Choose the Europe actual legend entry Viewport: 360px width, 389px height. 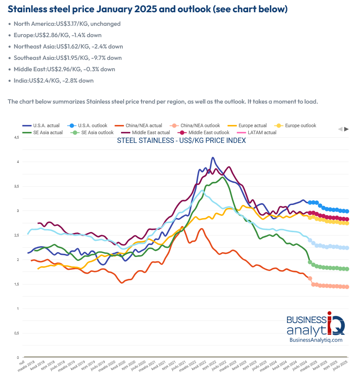(x=252, y=125)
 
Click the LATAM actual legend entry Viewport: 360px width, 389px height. (x=261, y=132)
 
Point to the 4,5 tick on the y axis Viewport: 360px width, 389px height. (x=17, y=137)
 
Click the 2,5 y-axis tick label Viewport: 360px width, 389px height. (x=17, y=235)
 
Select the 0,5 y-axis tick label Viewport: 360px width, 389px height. (x=17, y=333)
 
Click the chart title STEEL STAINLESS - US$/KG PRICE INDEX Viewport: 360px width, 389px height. (x=181, y=141)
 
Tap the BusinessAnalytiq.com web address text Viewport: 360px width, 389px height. (x=315, y=340)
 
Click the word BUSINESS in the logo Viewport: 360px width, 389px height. (x=306, y=320)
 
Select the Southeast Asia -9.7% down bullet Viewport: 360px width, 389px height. (x=67, y=58)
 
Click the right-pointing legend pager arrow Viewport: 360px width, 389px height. (x=346, y=129)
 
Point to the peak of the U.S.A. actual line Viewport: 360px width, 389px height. (x=213, y=158)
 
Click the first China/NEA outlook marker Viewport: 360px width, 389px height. (x=310, y=278)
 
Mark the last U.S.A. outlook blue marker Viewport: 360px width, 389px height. (x=347, y=211)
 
